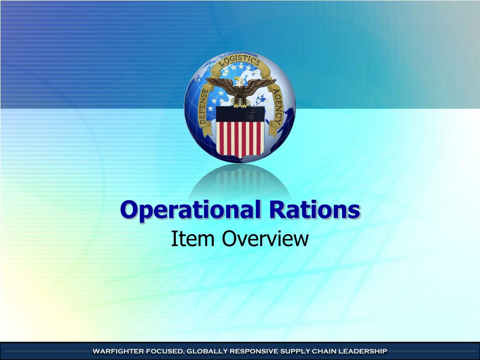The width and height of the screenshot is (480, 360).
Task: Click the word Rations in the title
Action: pyautogui.click(x=314, y=209)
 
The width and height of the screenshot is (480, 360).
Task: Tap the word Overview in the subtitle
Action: pyautogui.click(x=265, y=239)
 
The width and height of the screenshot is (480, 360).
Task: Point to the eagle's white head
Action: pyautogui.click(x=240, y=81)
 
